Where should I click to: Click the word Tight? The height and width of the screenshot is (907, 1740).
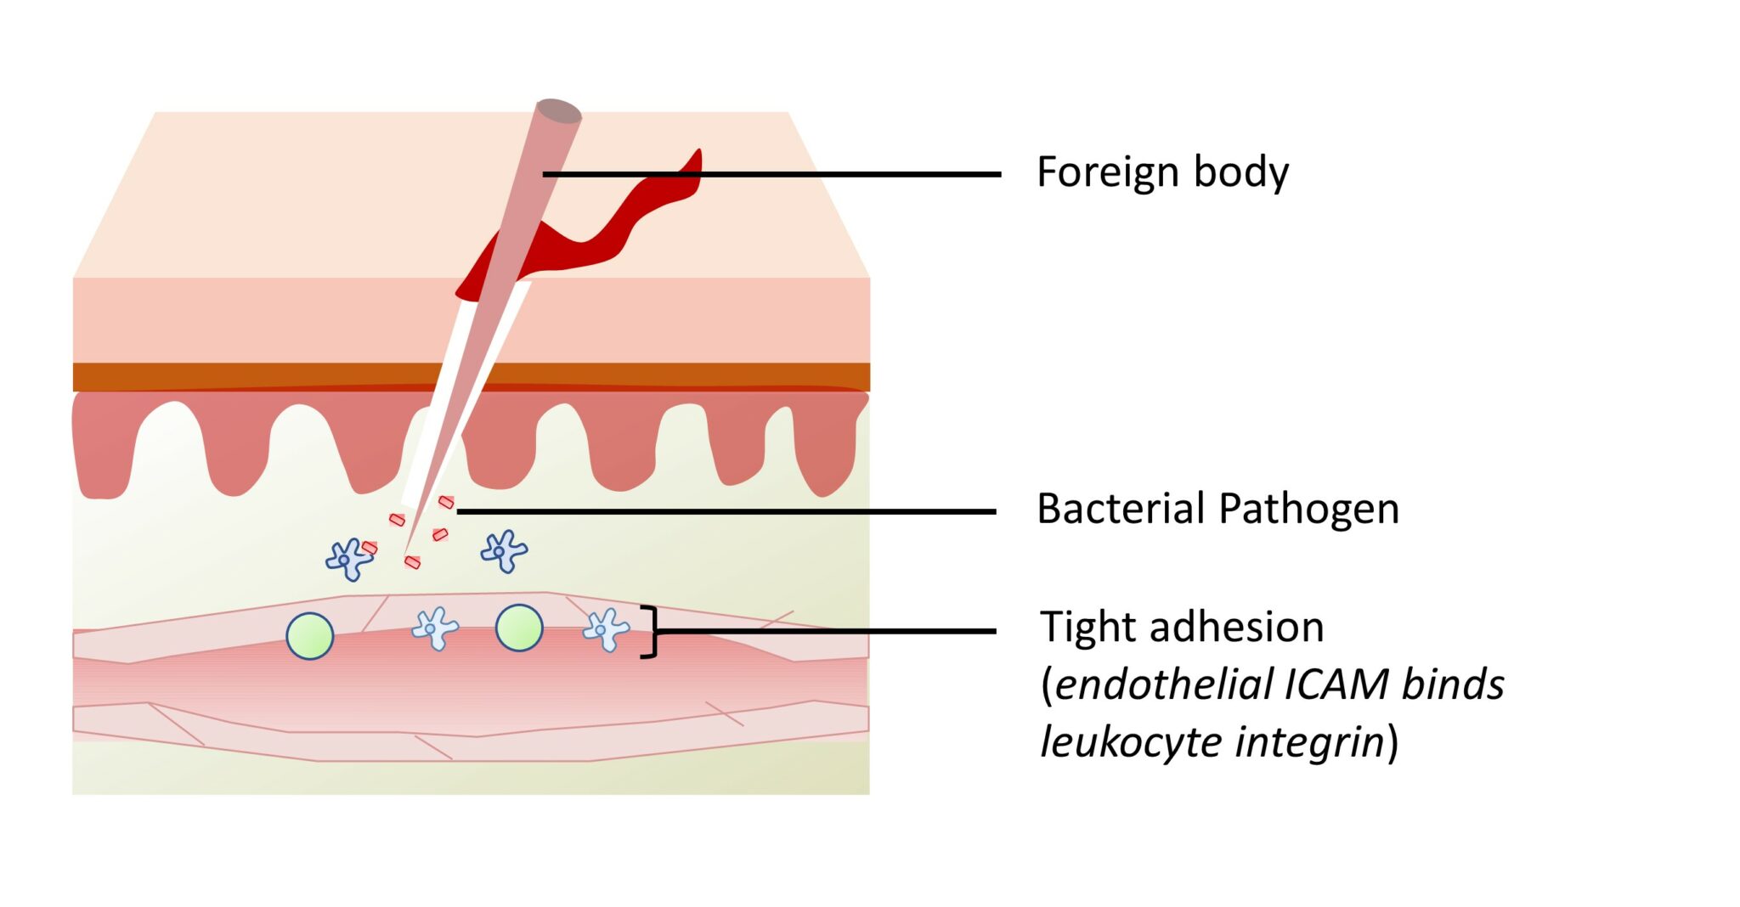click(1082, 628)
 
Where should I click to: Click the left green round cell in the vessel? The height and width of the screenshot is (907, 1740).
click(310, 636)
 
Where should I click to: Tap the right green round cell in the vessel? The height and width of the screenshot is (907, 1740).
click(519, 628)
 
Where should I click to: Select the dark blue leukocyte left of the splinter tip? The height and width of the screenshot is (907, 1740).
click(347, 559)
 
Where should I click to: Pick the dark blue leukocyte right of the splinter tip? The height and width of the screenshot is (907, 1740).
click(503, 550)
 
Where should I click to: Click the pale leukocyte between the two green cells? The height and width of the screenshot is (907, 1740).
click(434, 628)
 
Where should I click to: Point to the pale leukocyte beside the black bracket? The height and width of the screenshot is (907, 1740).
click(605, 629)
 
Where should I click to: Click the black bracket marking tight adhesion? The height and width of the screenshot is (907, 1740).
click(652, 631)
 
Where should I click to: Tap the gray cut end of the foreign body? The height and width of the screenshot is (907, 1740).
click(558, 110)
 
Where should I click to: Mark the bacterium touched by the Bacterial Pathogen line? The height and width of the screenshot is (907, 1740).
click(446, 503)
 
